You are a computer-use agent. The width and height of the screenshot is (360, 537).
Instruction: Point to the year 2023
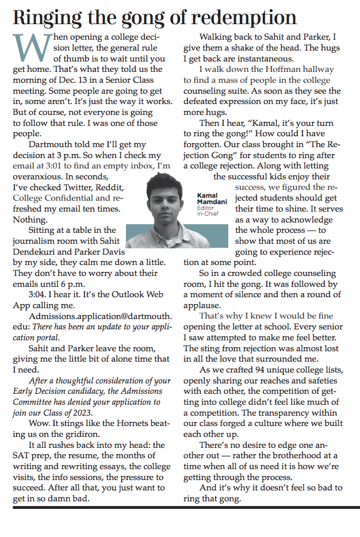click(x=101, y=412)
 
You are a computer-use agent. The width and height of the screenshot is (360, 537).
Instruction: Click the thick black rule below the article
click(x=180, y=508)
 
